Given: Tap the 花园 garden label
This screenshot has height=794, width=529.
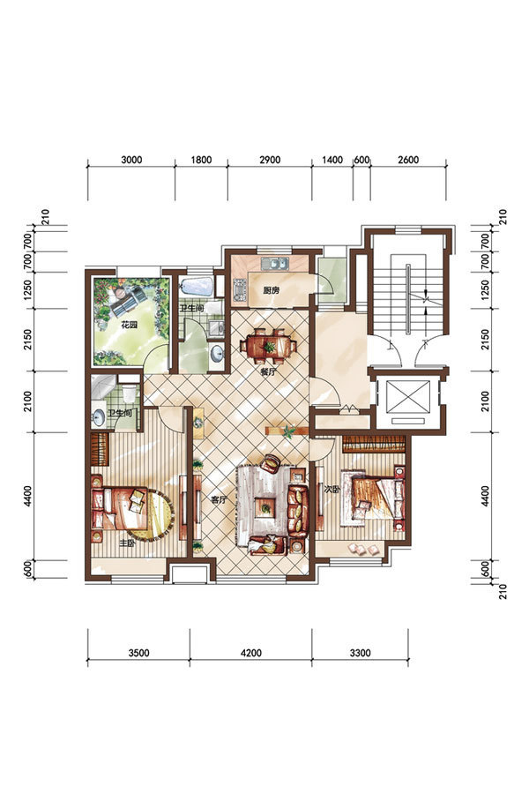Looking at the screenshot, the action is click(129, 325).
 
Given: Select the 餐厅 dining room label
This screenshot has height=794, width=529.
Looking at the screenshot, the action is click(268, 371).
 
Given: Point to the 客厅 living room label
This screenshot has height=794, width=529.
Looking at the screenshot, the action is click(218, 500).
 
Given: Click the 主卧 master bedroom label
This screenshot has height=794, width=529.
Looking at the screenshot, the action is click(127, 543).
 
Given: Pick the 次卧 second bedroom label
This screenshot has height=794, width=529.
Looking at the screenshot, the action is click(332, 490).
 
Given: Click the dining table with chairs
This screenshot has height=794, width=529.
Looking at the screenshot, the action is click(269, 347).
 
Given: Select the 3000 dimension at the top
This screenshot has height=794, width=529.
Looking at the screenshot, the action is click(131, 160).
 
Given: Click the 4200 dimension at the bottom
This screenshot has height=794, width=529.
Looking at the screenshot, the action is click(251, 653).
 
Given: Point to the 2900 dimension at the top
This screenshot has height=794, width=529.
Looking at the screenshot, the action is click(270, 160).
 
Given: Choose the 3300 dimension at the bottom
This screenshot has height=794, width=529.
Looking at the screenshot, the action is click(360, 653).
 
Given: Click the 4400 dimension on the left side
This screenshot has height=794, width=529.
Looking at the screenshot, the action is click(27, 496).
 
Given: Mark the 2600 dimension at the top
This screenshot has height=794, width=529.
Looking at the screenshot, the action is click(408, 160).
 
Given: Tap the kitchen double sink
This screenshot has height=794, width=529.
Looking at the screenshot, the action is click(275, 263).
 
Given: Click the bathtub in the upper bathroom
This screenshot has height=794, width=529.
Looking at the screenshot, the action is click(197, 286).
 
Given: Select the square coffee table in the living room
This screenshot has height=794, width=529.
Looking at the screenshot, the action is click(265, 506).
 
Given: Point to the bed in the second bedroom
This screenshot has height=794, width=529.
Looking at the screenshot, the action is click(373, 498).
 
